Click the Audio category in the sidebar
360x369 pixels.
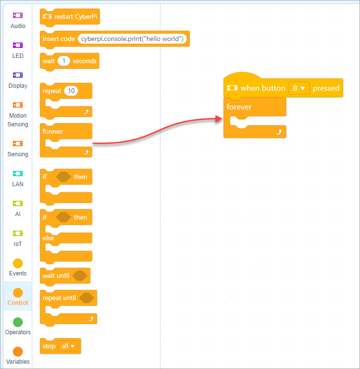coord(18,20)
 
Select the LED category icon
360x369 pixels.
coord(18,45)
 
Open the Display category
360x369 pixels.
coord(18,81)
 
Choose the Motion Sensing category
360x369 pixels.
coord(18,115)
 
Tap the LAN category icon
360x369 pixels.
coord(18,174)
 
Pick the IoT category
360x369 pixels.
coord(18,238)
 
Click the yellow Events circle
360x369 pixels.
coord(18,263)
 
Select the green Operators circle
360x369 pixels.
coord(18,322)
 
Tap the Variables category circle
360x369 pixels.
coord(18,352)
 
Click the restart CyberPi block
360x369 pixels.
coord(70,17)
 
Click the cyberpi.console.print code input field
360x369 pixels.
coord(132,39)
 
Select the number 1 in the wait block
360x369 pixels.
coord(64,61)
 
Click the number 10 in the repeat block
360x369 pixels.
coord(71,91)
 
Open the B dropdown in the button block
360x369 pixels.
coord(299,88)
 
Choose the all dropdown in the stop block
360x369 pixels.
coord(68,346)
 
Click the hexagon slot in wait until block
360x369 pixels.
coord(80,275)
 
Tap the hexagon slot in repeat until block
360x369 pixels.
coord(87,298)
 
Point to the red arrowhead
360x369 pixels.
coord(219,119)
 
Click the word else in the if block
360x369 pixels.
coord(48,238)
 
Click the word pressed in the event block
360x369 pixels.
coord(326,88)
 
